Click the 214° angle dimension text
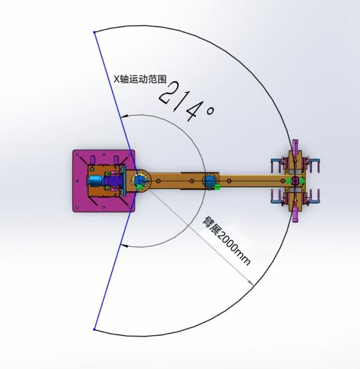(x=186, y=101)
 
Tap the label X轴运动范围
(x=140, y=79)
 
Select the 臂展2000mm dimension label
(x=226, y=241)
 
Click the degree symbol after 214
(x=210, y=111)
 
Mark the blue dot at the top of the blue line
(x=94, y=32)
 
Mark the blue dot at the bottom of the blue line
(x=94, y=329)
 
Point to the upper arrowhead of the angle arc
(x=124, y=116)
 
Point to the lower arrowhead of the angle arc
(x=124, y=246)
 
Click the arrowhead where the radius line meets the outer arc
(x=251, y=283)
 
